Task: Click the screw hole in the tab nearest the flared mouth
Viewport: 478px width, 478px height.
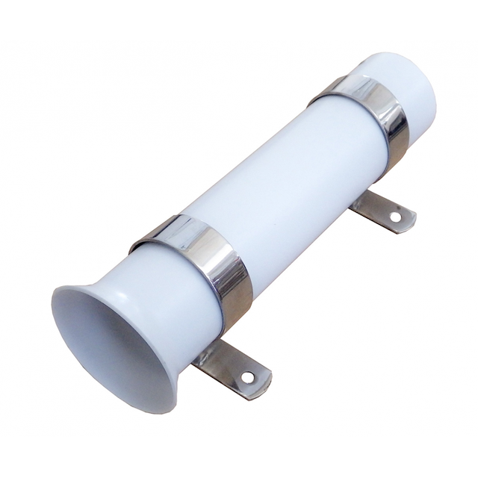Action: [x=246, y=377]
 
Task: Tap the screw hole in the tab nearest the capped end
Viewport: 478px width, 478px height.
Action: [x=395, y=217]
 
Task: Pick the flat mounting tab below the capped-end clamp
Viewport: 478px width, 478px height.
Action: [x=381, y=210]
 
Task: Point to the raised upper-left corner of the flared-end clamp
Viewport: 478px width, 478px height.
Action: [x=138, y=243]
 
